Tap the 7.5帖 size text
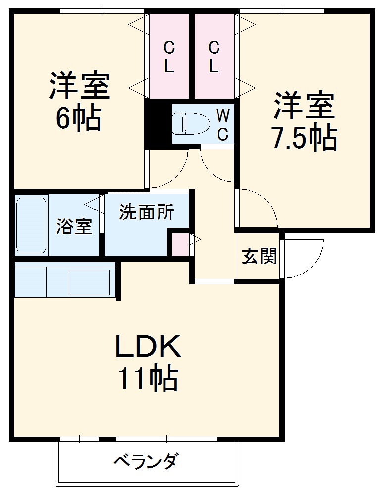point(304,138)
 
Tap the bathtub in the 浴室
point(31,225)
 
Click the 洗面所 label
point(146,213)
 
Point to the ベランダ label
point(146,462)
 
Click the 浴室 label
point(74,227)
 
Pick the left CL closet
point(169,56)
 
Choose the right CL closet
point(214,56)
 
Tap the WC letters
point(223,124)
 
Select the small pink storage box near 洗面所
point(180,243)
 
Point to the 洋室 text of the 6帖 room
point(78,86)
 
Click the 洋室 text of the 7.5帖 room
point(304,106)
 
